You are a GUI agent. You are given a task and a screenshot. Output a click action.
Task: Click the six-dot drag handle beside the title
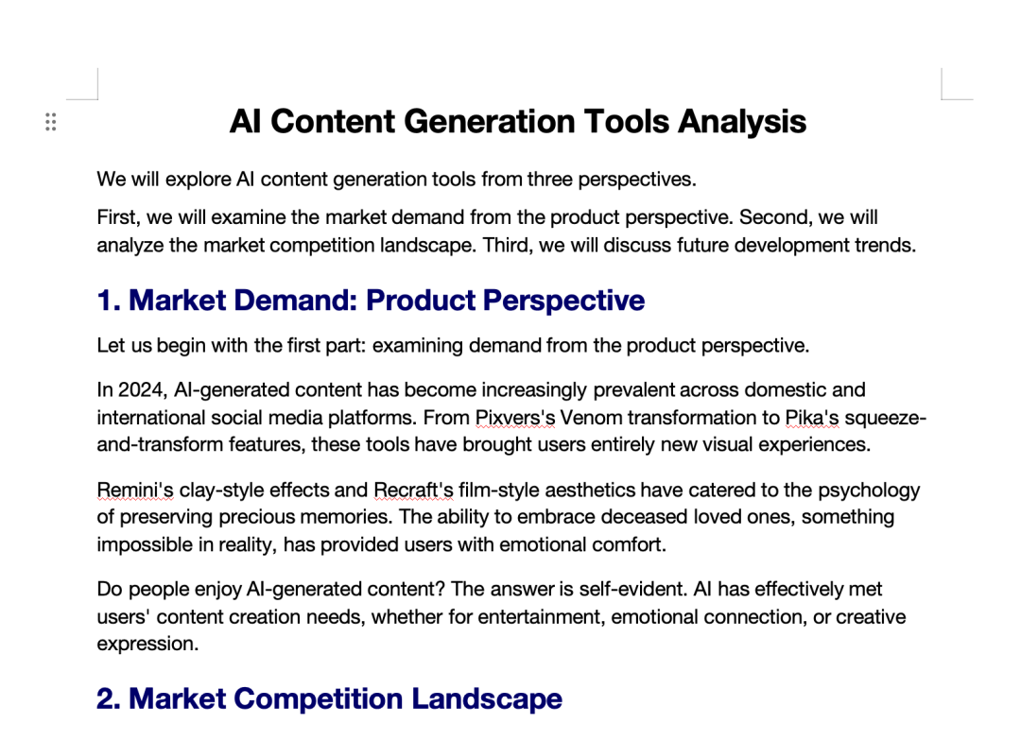[51, 122]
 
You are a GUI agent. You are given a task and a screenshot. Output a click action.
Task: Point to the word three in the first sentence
[549, 179]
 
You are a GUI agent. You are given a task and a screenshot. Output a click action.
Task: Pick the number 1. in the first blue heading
[109, 301]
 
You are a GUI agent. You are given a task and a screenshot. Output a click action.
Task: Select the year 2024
[141, 390]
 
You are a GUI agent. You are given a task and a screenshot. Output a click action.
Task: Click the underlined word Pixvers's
[515, 418]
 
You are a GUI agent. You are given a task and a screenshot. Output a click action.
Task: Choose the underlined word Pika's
[812, 418]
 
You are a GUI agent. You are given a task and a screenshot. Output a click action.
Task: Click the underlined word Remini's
[135, 490]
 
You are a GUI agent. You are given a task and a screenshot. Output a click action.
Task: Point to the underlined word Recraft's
[413, 490]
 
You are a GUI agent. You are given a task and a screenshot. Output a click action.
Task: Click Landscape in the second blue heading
[487, 698]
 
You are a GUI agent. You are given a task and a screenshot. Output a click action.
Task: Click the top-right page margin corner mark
[943, 99]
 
